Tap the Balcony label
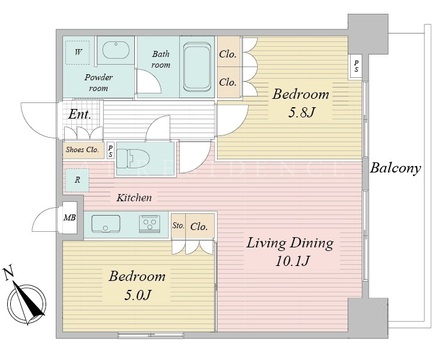click(395, 168)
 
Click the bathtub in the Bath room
click(197, 67)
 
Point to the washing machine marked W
click(78, 53)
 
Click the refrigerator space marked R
click(77, 180)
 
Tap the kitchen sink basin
click(105, 224)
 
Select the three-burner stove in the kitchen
click(150, 222)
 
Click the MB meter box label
click(70, 218)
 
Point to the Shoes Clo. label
click(82, 150)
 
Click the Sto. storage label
click(178, 226)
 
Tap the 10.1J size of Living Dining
click(293, 261)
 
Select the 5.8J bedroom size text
click(301, 113)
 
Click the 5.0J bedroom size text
click(138, 295)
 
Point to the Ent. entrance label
click(80, 115)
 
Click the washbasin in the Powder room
click(115, 50)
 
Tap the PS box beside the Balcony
click(357, 66)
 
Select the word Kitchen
click(134, 198)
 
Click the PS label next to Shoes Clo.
click(110, 150)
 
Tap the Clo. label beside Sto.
click(199, 227)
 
